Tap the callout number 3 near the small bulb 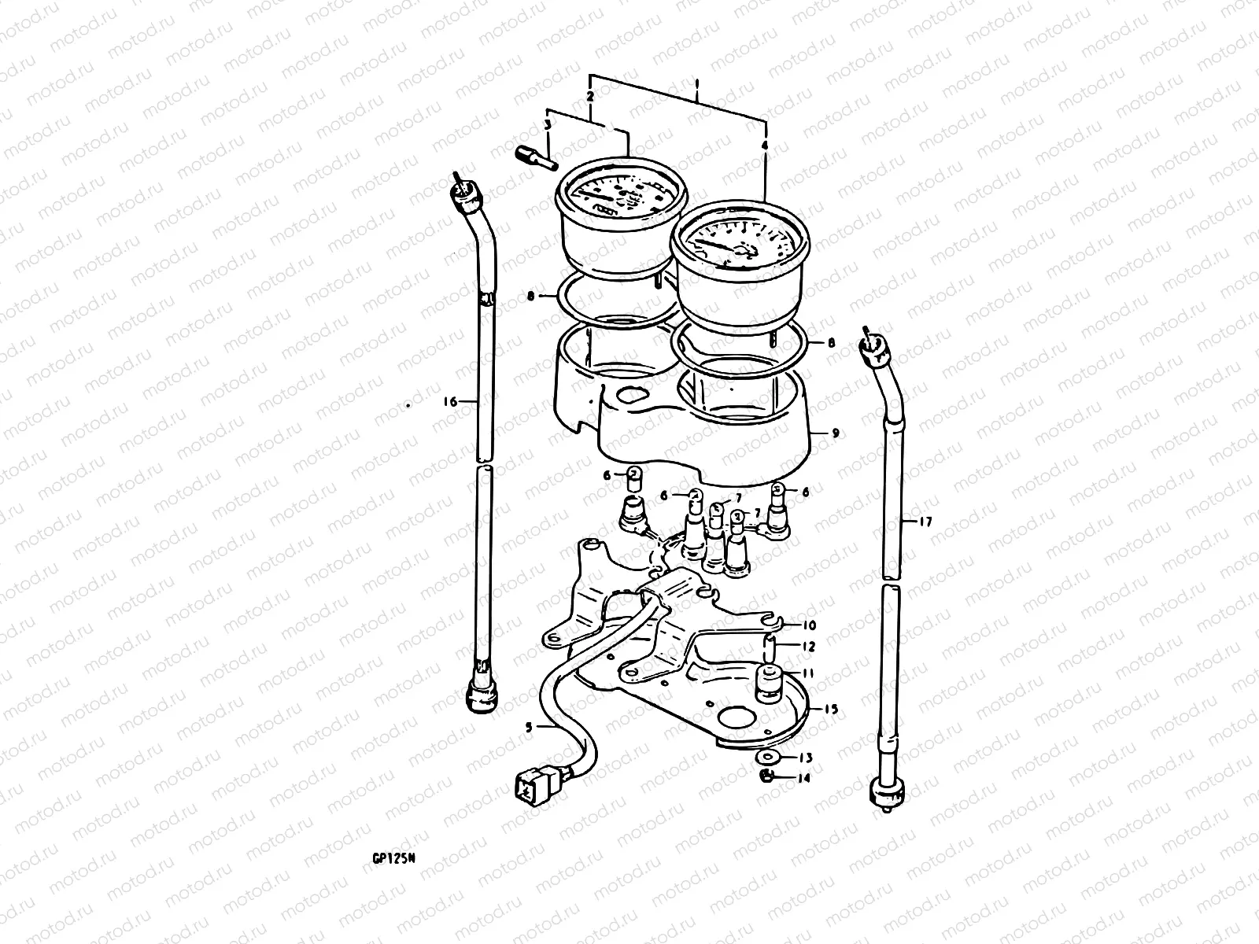548,126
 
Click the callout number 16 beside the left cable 450,401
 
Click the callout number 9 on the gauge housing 836,433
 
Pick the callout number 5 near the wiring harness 530,728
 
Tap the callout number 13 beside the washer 805,758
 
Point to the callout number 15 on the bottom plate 831,709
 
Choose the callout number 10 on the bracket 809,625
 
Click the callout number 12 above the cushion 809,647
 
